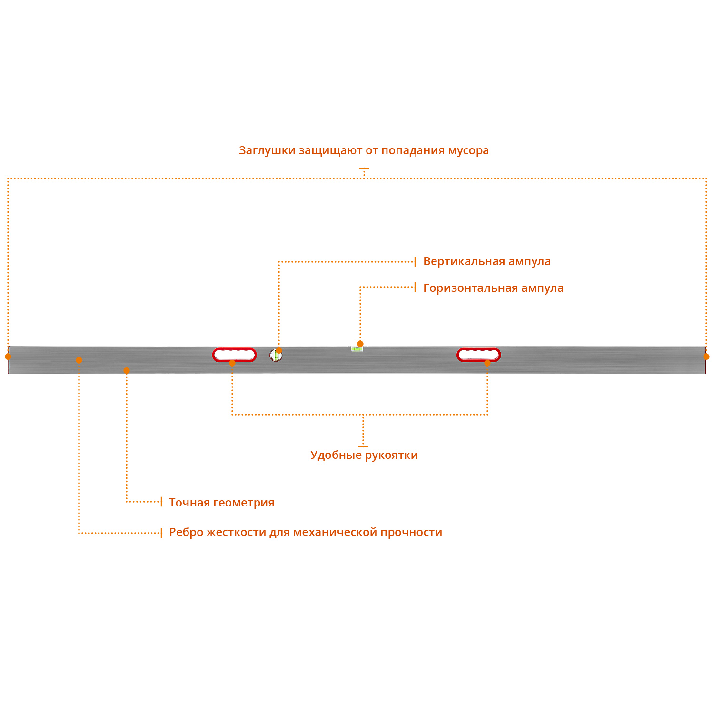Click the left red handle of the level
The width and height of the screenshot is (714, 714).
click(x=234, y=355)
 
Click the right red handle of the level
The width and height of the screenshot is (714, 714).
click(x=479, y=355)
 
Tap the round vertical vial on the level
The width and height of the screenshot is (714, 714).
click(x=276, y=355)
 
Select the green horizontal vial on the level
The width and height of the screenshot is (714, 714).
click(x=357, y=349)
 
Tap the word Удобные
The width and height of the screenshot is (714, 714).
click(x=336, y=455)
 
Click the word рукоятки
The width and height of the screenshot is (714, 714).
click(x=391, y=455)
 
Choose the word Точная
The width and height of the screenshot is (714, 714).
click(x=189, y=503)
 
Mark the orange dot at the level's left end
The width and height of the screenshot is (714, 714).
click(x=8, y=357)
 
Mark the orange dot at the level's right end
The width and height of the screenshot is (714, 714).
click(x=706, y=357)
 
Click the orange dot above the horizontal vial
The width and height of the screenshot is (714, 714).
click(x=360, y=344)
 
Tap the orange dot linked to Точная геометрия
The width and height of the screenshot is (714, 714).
click(x=127, y=370)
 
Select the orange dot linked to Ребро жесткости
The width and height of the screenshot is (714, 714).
click(x=79, y=360)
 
